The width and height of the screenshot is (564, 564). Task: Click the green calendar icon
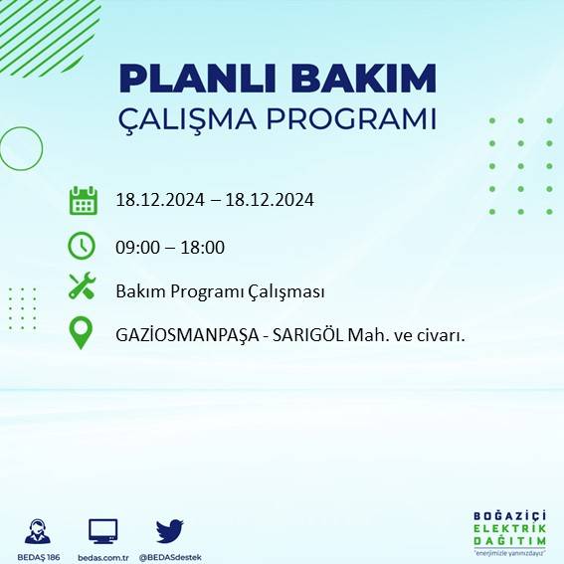click(83, 200)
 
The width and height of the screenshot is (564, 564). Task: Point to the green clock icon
click(82, 245)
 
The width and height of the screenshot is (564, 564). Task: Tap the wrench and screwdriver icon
click(82, 287)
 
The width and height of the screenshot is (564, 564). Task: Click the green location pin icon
click(82, 332)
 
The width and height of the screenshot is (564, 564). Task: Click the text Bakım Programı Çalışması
click(220, 291)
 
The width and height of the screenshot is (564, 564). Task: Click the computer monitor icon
click(103, 531)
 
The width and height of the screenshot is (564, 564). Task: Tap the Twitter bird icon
click(170, 530)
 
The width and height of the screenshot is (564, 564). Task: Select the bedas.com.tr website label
click(103, 557)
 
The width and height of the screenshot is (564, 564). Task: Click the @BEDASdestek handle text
click(170, 557)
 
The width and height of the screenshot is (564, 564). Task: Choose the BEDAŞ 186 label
click(39, 557)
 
